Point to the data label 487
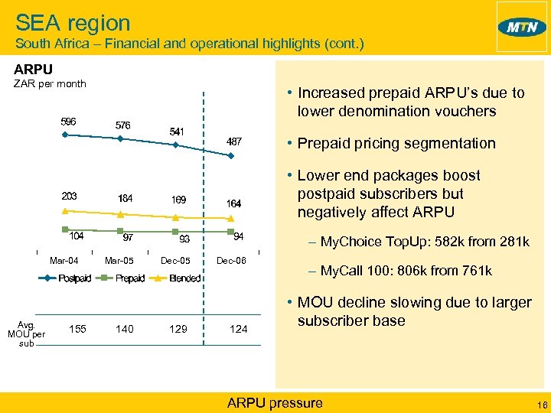click(234, 142)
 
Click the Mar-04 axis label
click(64, 261)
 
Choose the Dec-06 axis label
click(231, 261)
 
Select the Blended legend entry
click(184, 278)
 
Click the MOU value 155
click(77, 329)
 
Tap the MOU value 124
click(239, 329)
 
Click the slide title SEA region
click(73, 23)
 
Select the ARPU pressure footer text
click(275, 403)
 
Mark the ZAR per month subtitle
click(51, 83)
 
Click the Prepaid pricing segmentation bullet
click(396, 143)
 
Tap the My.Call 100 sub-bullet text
click(406, 271)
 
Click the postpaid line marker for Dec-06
click(230, 155)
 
